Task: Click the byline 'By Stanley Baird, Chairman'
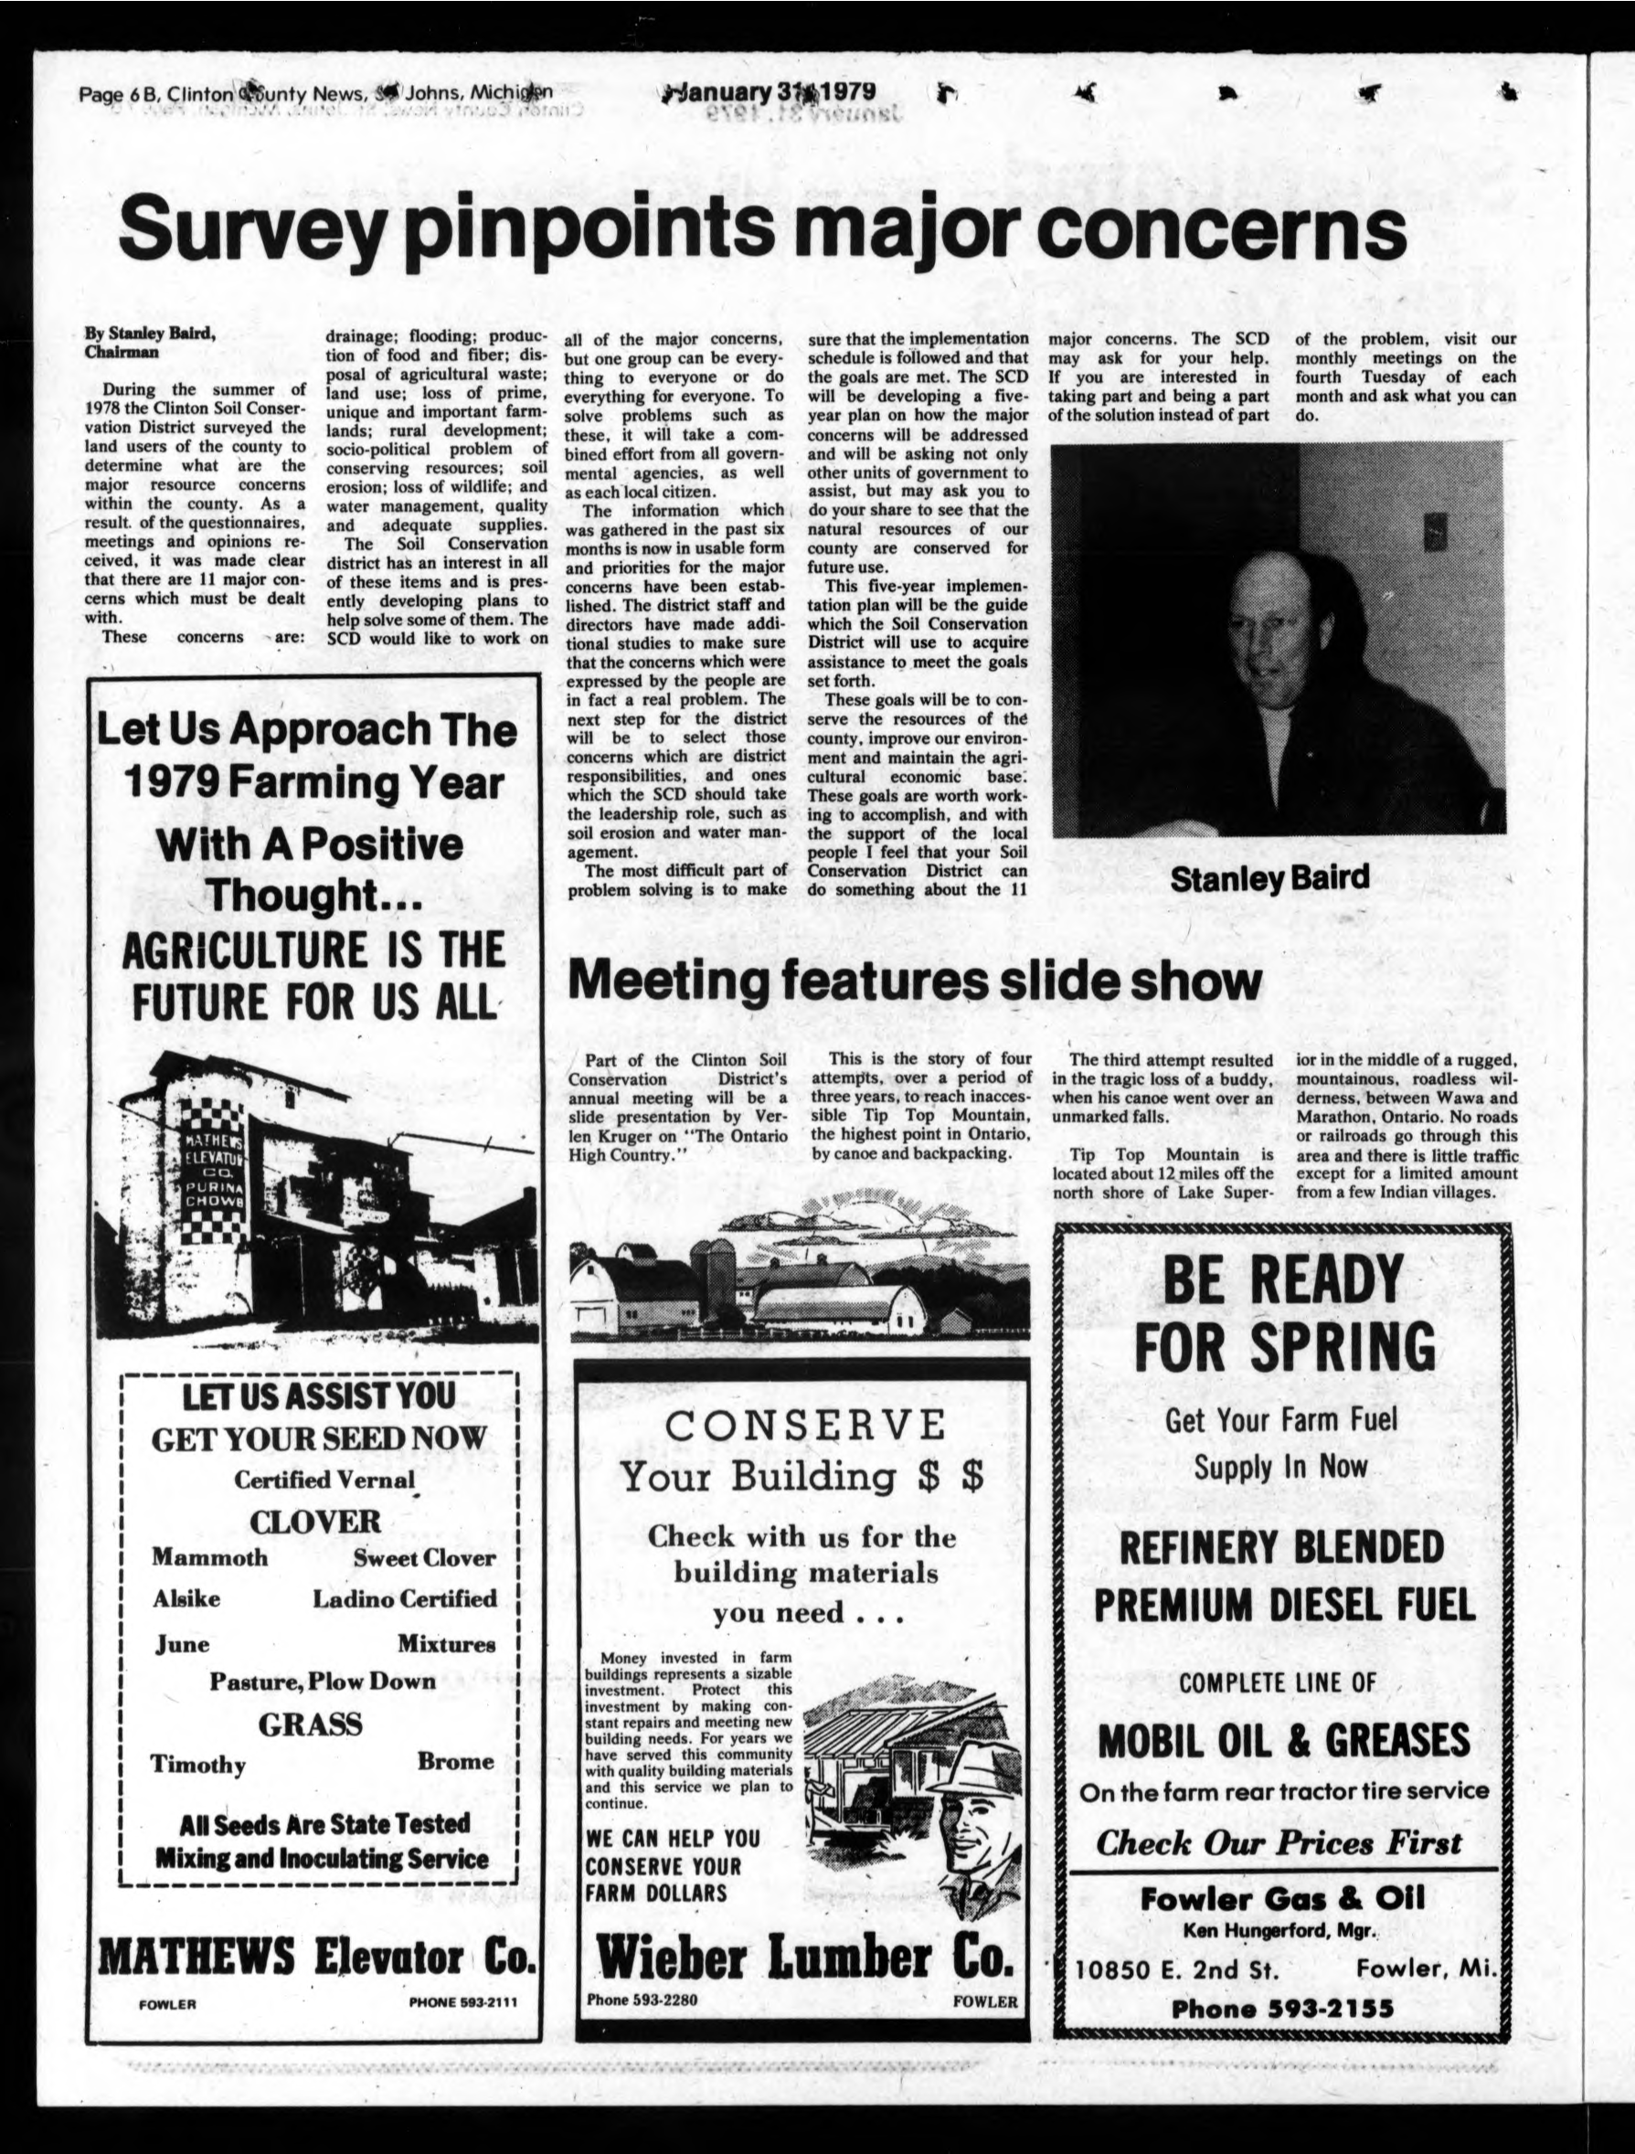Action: tap(151, 343)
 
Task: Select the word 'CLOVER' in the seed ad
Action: tap(314, 1522)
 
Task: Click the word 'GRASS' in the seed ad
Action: tap(311, 1724)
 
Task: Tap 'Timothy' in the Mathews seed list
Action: tap(197, 1765)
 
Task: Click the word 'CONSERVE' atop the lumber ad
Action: tap(804, 1426)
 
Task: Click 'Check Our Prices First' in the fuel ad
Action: tap(1278, 1842)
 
